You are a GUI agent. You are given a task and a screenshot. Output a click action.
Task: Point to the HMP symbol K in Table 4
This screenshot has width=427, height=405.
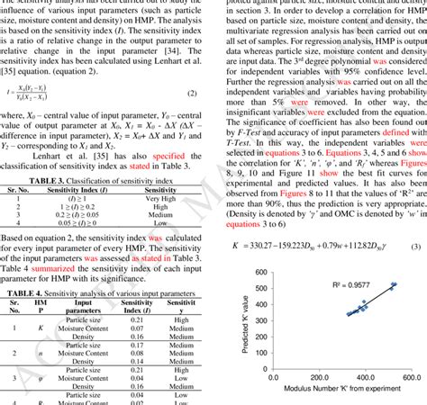point(41,329)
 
